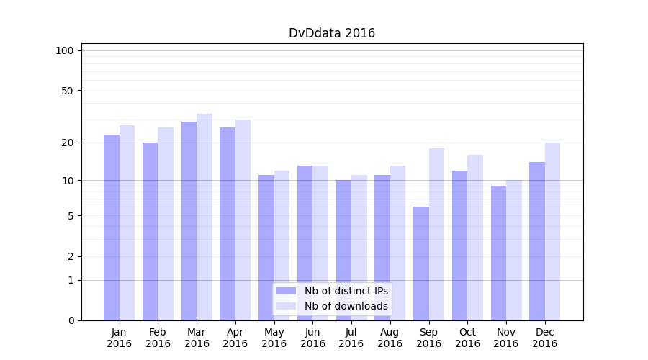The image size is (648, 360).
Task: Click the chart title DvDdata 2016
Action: (332, 33)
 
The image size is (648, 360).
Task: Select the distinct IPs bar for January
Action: (112, 227)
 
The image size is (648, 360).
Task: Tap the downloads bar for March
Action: (204, 216)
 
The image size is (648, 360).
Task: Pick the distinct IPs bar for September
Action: (421, 263)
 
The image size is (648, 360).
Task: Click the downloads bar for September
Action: (436, 234)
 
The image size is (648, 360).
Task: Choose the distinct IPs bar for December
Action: (537, 241)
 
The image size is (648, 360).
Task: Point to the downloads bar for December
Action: (552, 230)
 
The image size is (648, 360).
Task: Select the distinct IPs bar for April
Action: (228, 223)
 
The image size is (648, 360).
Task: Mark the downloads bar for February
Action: (166, 223)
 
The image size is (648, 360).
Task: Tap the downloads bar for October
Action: (475, 238)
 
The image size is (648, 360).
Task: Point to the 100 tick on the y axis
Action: (65, 50)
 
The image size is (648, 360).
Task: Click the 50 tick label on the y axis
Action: (67, 91)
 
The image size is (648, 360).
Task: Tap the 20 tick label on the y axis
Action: (67, 143)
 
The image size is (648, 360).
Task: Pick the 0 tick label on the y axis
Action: (71, 320)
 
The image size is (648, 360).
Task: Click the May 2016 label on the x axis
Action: (274, 338)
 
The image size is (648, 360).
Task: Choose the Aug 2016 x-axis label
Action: (390, 338)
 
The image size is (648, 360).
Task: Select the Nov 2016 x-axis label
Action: (506, 338)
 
